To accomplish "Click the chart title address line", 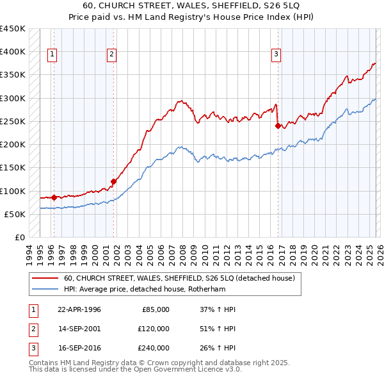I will pyautogui.click(x=191, y=5).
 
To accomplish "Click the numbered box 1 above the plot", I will pyautogui.click(x=52, y=54).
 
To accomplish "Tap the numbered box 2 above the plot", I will pyautogui.click(x=111, y=54).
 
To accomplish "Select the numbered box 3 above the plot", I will pyautogui.click(x=276, y=54).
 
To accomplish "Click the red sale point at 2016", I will pyautogui.click(x=278, y=126).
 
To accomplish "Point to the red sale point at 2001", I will pyautogui.click(x=113, y=181).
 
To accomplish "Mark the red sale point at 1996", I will pyautogui.click(x=54, y=197).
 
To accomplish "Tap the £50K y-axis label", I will pyautogui.click(x=15, y=214).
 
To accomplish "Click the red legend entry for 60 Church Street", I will pyautogui.click(x=179, y=278).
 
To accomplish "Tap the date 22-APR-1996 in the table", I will pyautogui.click(x=79, y=309).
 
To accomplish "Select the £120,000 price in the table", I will pyautogui.click(x=153, y=329).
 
